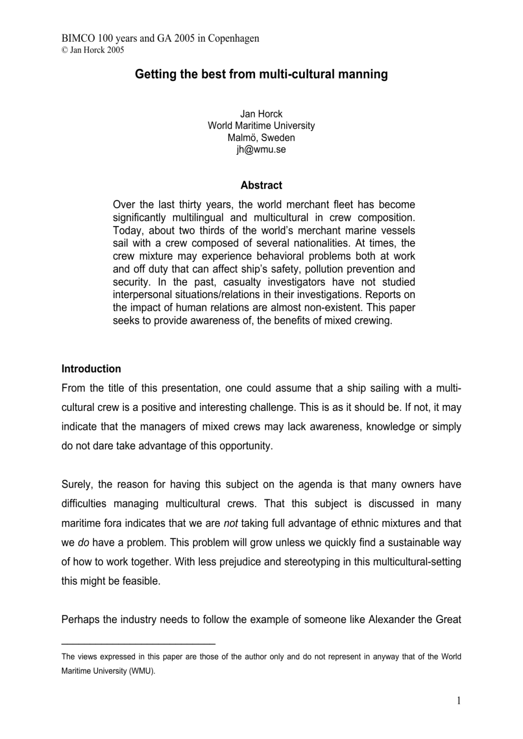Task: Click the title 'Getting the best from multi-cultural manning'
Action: tap(261, 74)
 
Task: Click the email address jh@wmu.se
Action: tap(261, 150)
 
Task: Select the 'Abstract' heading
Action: tap(261, 185)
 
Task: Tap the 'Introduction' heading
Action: tap(91, 369)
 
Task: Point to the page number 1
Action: tap(459, 701)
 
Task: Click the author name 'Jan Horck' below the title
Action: tap(261, 114)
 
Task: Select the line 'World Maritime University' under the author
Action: tap(261, 126)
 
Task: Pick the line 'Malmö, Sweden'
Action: tap(261, 138)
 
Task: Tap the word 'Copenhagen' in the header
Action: tap(233, 38)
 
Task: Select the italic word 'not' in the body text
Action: tap(231, 524)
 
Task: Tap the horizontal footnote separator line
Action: tap(138, 644)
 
